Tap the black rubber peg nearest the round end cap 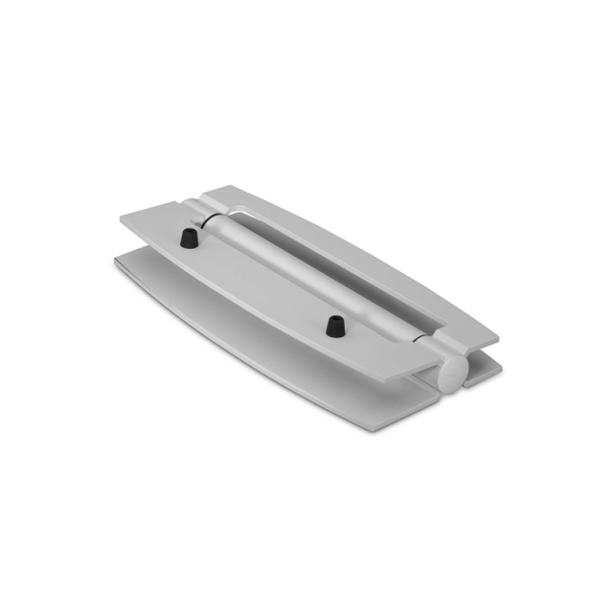point(334,325)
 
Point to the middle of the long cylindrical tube point(316,278)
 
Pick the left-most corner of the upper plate point(121,221)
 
